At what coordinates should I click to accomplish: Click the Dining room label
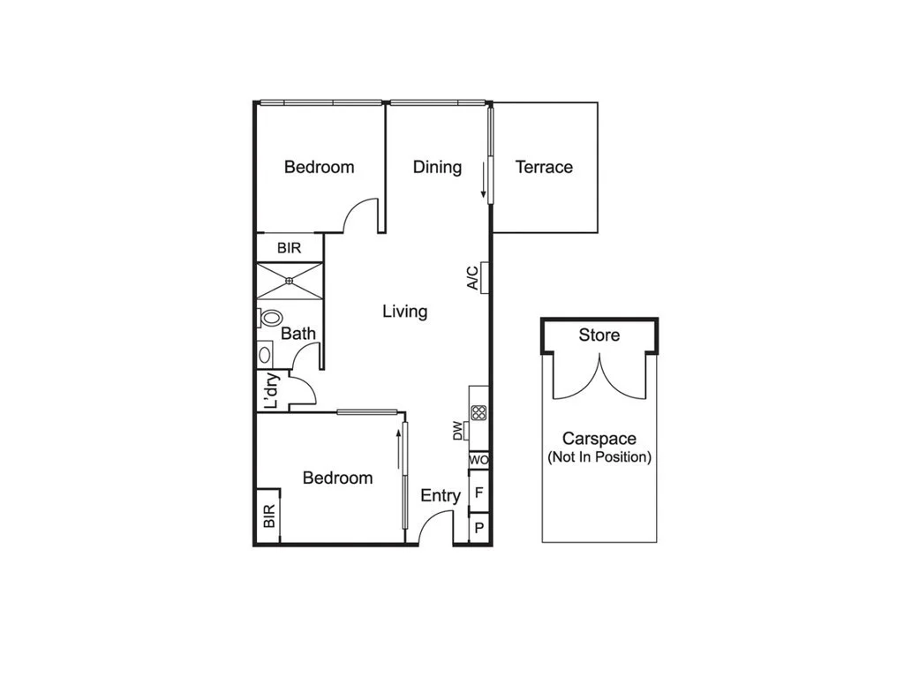coord(437,167)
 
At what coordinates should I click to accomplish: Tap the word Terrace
coord(544,167)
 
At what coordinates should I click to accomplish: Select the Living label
coord(405,312)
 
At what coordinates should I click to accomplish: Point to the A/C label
coord(473,278)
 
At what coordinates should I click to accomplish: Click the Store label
coord(599,335)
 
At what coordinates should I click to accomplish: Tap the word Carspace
coord(599,439)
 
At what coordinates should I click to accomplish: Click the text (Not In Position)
coord(599,457)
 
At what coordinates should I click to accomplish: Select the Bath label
coord(298,334)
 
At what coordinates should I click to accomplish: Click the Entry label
coord(441,496)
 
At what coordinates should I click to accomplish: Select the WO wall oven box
coord(478,460)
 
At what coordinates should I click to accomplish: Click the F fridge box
coord(478,493)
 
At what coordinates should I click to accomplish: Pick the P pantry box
coord(478,528)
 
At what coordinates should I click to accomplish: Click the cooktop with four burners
coord(478,412)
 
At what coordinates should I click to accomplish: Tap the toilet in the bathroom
coord(271,318)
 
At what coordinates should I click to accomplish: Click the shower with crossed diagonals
coord(290,282)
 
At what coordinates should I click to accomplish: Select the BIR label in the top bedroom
coord(290,248)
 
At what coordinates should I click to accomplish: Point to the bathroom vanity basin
coord(264,354)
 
